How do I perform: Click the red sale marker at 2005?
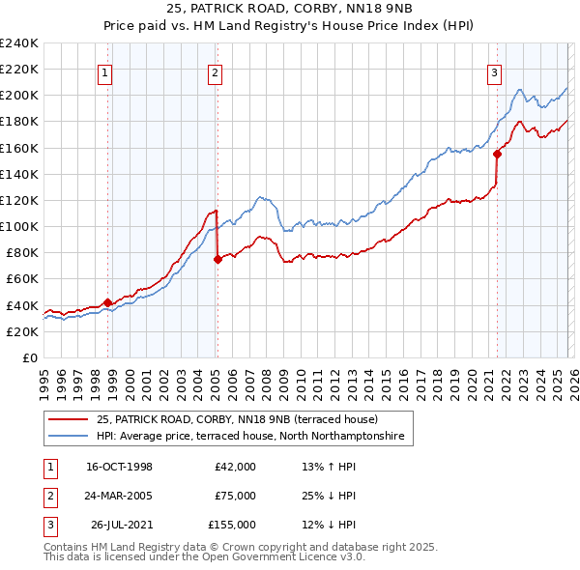tap(217, 259)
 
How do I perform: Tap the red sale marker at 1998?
tap(107, 302)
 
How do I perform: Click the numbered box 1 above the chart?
tap(103, 71)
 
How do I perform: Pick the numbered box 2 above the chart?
tap(214, 71)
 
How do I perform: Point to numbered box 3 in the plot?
tap(494, 71)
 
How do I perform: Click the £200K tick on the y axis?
tap(19, 95)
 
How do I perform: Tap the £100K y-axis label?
tap(19, 226)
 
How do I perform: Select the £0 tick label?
tap(29, 357)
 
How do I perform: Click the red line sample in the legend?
tap(70, 419)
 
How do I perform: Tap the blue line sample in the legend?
tap(70, 437)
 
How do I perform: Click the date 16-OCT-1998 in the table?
tap(119, 467)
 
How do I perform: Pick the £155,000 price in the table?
tap(232, 525)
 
